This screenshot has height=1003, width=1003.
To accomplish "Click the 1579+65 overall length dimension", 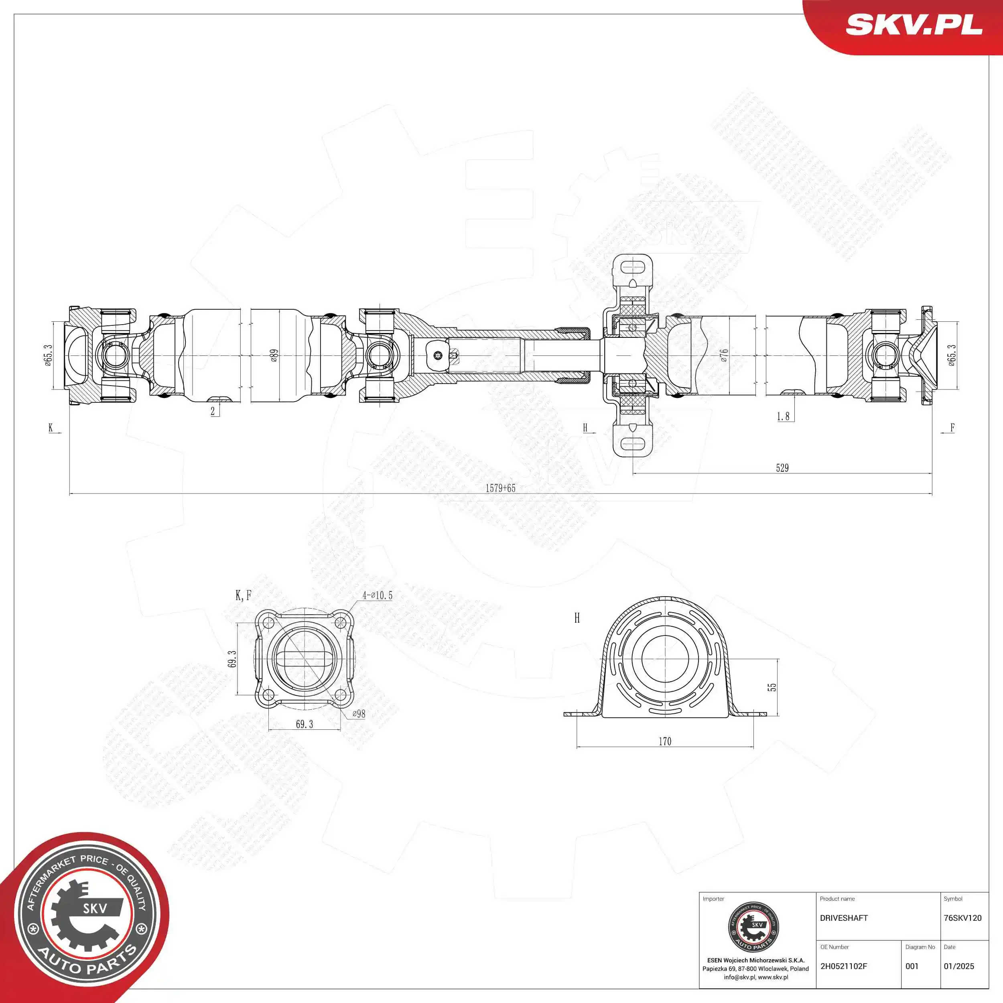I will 500,488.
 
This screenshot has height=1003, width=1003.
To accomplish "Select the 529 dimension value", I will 782,468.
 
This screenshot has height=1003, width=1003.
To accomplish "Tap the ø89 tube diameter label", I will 274,355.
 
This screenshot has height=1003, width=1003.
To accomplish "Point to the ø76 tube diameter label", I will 724,355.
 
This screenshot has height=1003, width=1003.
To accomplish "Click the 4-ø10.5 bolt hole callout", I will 378,595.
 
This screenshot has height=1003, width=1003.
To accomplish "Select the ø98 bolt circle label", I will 359,714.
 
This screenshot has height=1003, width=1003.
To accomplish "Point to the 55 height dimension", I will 772,687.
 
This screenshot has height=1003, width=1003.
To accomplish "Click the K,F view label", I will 243,595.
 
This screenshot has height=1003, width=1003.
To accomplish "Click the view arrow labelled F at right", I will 952,428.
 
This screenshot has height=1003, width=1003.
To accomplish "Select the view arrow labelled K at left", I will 51,428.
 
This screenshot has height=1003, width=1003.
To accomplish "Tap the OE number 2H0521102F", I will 844,966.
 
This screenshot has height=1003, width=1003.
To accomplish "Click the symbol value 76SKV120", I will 962,918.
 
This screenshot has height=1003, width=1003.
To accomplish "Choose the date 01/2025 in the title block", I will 959,966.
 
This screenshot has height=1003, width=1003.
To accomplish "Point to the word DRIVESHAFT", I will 844,918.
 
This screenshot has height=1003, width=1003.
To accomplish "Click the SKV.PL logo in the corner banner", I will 914,24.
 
